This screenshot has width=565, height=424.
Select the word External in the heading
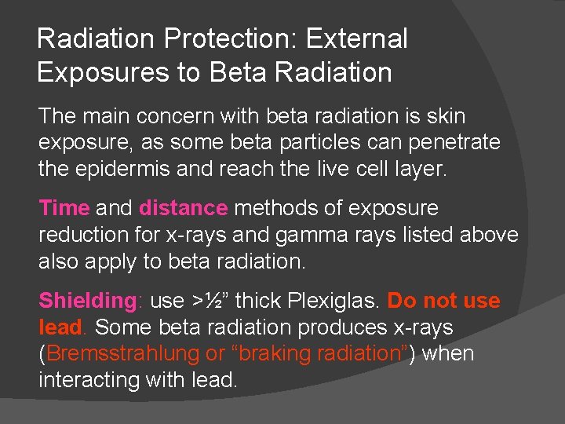point(356,38)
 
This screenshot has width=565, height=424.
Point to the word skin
point(446,116)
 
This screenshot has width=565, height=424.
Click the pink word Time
point(64,208)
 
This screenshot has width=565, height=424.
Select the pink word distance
point(183,208)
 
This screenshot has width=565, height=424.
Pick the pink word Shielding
point(88,301)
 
